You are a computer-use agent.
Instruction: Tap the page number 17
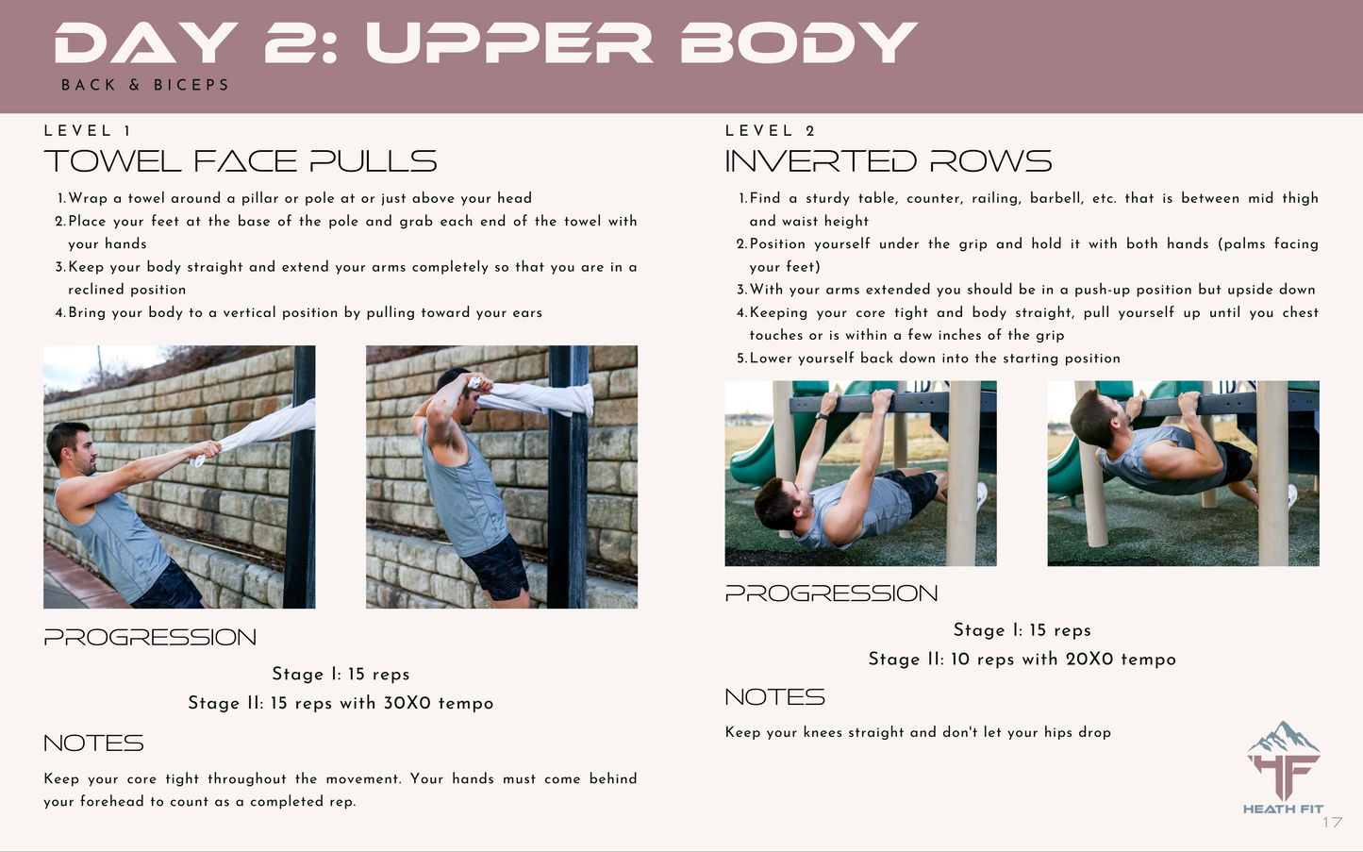[x=1332, y=823]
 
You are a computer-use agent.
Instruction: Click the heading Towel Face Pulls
[x=241, y=161]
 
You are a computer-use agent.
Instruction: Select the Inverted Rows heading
[x=889, y=161]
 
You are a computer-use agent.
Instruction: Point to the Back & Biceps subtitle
[x=145, y=85]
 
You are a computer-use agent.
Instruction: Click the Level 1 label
[x=88, y=131]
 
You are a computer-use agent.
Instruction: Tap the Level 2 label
[x=770, y=131]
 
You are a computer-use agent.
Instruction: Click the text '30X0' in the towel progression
[x=407, y=704]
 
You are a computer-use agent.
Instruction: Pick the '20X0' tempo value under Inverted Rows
[x=1089, y=660]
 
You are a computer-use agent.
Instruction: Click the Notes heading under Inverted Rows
[x=775, y=697]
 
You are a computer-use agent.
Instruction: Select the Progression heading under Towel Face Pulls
[x=150, y=638]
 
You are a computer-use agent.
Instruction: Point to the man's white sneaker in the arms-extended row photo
[x=982, y=496]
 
